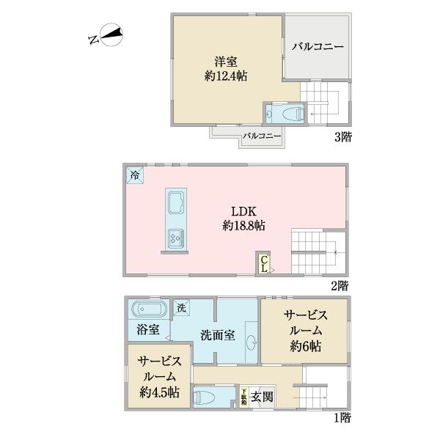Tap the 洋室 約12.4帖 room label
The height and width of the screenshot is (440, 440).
click(x=225, y=68)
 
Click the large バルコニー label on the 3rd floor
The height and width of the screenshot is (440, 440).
click(x=318, y=47)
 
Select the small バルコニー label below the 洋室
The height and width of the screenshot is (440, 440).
click(x=262, y=136)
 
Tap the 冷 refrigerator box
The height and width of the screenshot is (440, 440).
click(x=135, y=175)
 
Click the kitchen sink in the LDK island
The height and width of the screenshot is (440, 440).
click(x=177, y=205)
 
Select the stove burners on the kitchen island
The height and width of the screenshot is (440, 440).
click(x=177, y=237)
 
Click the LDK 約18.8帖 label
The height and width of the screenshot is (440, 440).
click(x=243, y=218)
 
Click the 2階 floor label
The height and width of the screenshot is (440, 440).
click(x=338, y=284)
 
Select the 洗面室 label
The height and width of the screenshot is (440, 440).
click(x=217, y=336)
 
